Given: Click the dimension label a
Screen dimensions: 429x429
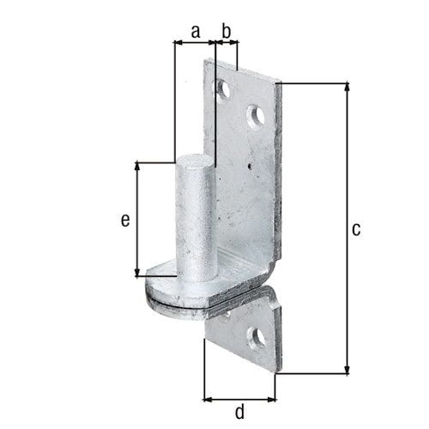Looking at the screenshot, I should click(x=195, y=32).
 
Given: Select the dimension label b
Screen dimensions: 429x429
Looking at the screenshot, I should click(x=227, y=32).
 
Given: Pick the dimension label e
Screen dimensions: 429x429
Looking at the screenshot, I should click(x=125, y=221).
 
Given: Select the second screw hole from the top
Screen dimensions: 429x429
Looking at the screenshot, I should click(x=256, y=116).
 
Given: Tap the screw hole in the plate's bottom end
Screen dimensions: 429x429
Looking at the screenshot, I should click(x=255, y=338).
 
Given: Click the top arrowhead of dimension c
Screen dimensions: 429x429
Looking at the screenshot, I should click(x=347, y=87).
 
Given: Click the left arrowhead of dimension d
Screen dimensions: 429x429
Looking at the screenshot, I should click(x=208, y=399).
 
